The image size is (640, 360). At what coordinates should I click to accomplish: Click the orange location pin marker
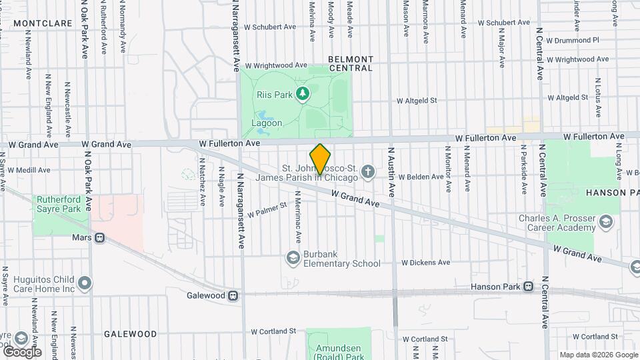[x=321, y=159]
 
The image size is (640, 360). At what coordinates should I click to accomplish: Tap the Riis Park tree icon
[x=303, y=94]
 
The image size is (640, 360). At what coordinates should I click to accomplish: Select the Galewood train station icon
[x=233, y=295]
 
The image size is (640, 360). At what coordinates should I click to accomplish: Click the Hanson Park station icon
[x=528, y=287]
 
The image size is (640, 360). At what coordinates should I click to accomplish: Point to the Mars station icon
[x=99, y=237]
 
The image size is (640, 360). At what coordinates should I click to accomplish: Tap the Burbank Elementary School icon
[x=292, y=257]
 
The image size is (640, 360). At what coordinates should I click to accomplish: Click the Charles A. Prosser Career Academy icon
[x=606, y=221]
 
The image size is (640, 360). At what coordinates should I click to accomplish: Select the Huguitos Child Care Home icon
[x=85, y=284]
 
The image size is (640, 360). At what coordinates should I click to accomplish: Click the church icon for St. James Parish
[x=367, y=173]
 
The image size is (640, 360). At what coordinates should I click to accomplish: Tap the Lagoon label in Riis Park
[x=267, y=123]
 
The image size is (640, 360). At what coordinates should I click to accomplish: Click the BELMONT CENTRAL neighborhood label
[x=351, y=63]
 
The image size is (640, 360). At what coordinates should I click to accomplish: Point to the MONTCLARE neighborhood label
[x=42, y=23]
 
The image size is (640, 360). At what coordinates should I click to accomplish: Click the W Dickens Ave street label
[x=426, y=263]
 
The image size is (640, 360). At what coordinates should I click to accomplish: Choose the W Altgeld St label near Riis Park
[x=416, y=101]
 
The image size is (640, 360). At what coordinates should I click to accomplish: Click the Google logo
[x=21, y=351]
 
